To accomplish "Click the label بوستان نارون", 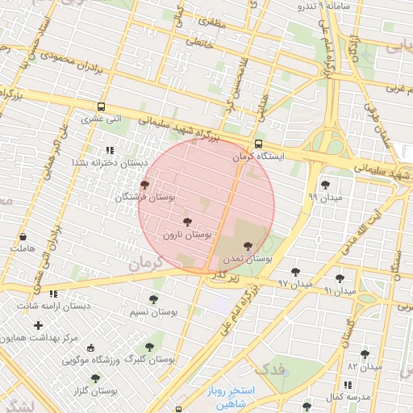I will [187, 235].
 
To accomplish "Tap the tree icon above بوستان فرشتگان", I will [144, 185].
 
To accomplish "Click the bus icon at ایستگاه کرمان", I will [257, 144].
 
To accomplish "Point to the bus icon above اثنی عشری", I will [102, 106].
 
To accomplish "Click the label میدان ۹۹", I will [326, 197].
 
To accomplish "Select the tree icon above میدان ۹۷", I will [295, 272].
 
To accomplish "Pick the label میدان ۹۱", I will [339, 289].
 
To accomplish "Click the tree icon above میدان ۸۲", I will [365, 353].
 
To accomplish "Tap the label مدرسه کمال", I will [348, 398].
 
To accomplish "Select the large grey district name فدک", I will [275, 369].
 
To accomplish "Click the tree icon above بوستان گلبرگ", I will [148, 347].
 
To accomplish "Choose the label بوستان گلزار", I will [94, 390].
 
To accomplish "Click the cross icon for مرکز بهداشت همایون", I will [38, 325].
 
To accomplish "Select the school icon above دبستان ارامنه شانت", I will [53, 294].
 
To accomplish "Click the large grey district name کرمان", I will [146, 262].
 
